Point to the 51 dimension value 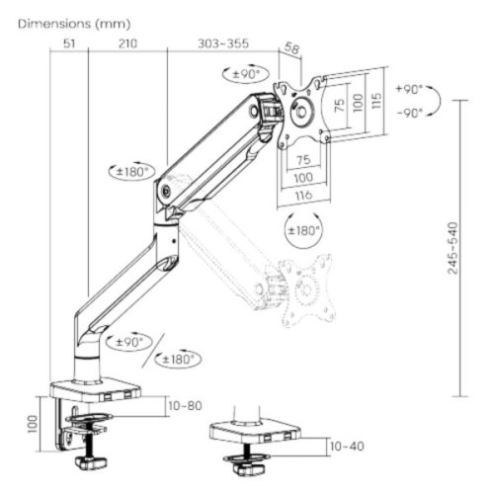[69, 43]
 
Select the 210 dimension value [127, 43]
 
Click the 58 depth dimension [291, 46]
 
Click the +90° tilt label [408, 89]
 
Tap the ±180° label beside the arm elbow [132, 171]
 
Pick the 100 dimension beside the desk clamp [34, 425]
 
